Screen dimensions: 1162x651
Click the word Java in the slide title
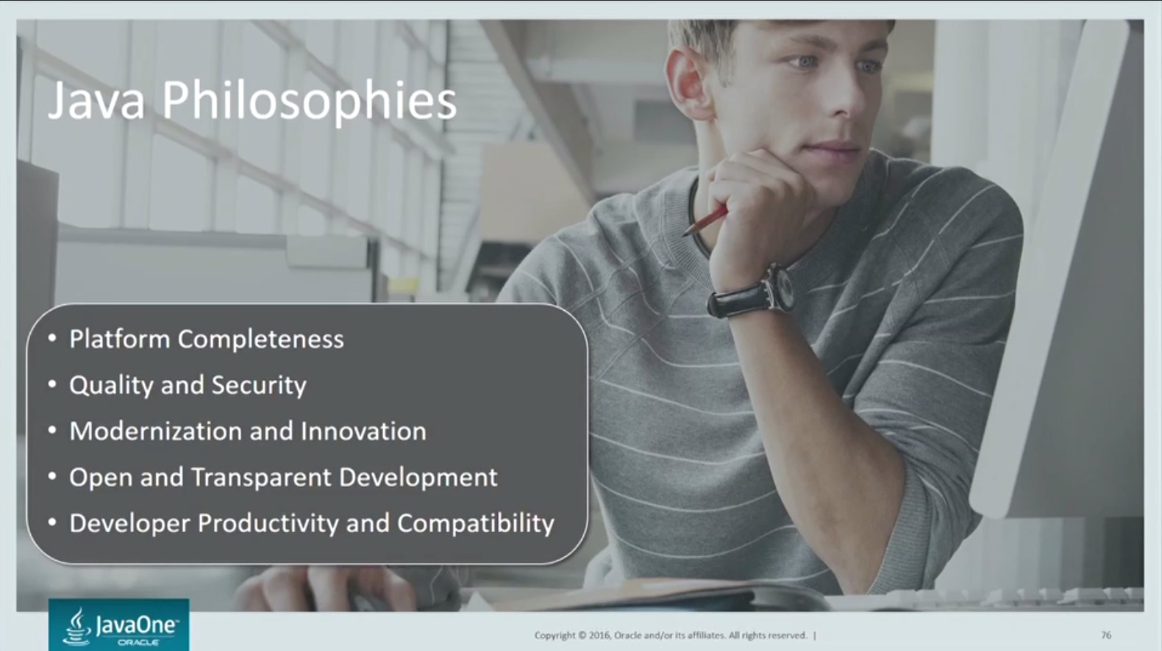96,101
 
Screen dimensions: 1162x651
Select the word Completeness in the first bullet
261,340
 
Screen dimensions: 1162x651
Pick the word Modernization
156,431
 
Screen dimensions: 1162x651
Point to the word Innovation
363,431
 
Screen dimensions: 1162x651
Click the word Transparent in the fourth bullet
262,478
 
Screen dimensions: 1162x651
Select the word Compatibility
476,523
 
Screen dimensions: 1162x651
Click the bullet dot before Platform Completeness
52,339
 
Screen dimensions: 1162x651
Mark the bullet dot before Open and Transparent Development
52,477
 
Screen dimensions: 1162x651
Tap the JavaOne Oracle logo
119,625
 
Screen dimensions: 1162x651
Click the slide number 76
1105,635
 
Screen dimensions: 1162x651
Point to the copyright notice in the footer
671,635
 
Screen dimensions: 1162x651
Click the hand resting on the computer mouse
332,589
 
